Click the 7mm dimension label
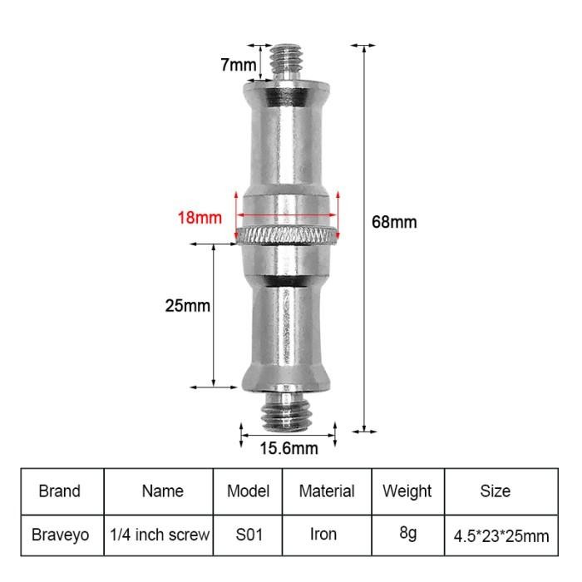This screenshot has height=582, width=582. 238,65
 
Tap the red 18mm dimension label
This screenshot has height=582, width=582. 200,219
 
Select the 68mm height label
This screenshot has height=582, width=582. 394,222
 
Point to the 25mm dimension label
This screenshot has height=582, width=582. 188,305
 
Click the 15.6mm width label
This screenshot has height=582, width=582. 289,449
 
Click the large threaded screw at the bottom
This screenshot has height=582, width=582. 288,412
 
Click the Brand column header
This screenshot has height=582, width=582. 60,491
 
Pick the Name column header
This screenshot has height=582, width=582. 162,491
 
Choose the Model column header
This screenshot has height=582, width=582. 249,491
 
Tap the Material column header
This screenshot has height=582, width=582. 327,491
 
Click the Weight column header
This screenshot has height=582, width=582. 407,491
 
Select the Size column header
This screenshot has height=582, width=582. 496,491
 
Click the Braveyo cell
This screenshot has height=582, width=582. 60,535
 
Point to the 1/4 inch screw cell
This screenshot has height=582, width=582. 160,535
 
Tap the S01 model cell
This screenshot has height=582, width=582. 249,535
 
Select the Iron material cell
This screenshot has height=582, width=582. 323,535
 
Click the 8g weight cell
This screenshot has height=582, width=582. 407,533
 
